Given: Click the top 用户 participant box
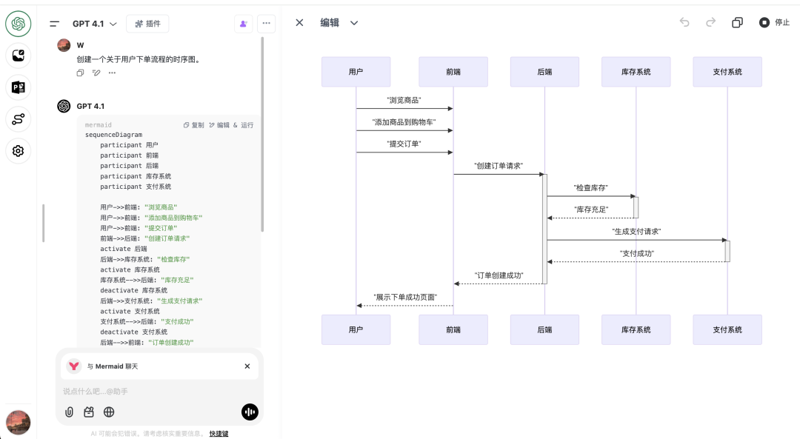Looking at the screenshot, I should click(x=356, y=72).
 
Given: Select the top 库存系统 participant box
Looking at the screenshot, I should click(x=636, y=72).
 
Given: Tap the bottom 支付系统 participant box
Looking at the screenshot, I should click(x=727, y=329).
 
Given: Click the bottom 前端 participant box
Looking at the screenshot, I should click(x=453, y=329).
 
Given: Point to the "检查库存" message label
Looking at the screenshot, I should click(x=591, y=188).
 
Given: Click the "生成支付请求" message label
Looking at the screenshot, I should click(x=636, y=232).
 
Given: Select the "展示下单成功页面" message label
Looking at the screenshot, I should click(x=404, y=297).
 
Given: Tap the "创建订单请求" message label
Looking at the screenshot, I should click(x=498, y=166).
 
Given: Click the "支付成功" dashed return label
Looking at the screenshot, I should click(x=636, y=253).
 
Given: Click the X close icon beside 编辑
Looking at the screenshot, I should click(x=299, y=23).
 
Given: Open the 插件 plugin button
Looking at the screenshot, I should click(x=147, y=24).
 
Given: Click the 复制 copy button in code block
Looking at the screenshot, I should click(x=194, y=125).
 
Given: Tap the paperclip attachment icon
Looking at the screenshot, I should click(x=69, y=412).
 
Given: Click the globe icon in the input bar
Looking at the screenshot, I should click(x=109, y=412).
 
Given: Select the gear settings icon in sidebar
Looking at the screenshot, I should click(x=19, y=151).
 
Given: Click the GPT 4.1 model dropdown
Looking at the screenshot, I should click(x=94, y=24).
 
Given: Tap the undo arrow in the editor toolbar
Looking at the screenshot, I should click(x=684, y=23).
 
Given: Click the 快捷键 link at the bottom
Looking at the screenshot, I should click(x=219, y=434).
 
